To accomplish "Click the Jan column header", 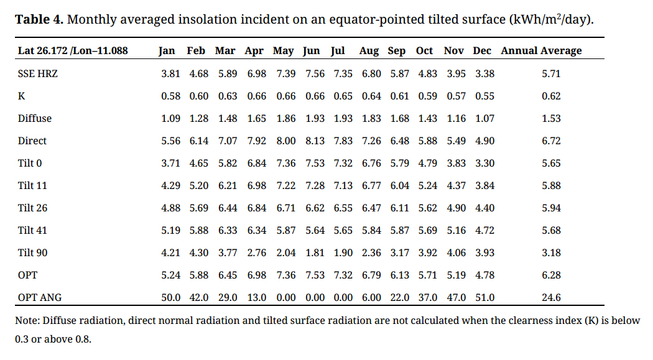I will (167, 51).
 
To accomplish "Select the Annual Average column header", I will (541, 51).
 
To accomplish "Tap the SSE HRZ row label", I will (38, 73).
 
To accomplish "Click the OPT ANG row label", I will (40, 297).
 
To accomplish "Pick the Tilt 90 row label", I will (32, 252).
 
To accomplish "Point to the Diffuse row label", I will (35, 118).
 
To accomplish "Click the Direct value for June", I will (315, 141).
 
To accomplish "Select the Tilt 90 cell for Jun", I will (315, 252).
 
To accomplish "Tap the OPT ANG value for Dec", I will (484, 297).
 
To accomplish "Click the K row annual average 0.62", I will (551, 96).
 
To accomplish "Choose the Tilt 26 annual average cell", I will (551, 208).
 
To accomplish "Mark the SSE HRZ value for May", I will (285, 73).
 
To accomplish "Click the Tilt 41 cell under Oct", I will (428, 230).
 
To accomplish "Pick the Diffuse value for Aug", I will (371, 118).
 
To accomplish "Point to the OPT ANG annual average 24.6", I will (551, 297).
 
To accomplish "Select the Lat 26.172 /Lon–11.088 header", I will (73, 51).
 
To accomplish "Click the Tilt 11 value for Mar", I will (228, 185).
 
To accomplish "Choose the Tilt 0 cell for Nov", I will (456, 163).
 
